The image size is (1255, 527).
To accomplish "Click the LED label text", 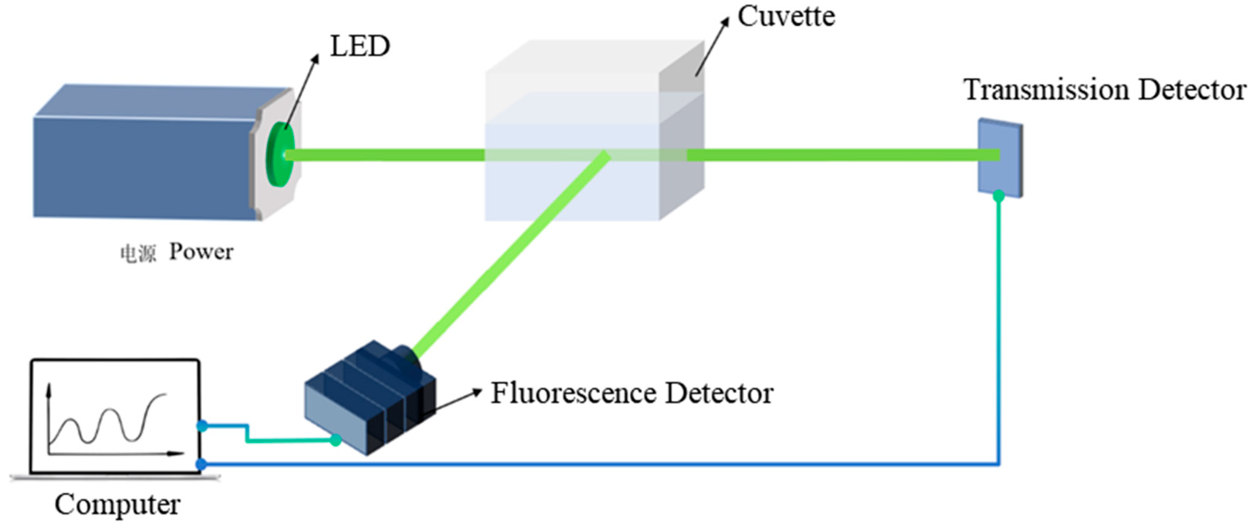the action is [x=360, y=46].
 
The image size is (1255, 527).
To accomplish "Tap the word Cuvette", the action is [x=786, y=16].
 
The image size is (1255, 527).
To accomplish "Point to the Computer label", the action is [x=117, y=505].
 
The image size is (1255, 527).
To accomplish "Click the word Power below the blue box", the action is [x=201, y=252].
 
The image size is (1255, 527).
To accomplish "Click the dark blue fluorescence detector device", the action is [x=370, y=397].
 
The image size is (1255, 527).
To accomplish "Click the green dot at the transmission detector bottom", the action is [x=998, y=196].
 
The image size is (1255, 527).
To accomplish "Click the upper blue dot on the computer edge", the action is [x=202, y=427].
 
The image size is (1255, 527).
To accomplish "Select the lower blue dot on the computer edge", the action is [x=201, y=464].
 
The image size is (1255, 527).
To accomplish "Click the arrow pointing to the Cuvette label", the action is [x=712, y=47].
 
